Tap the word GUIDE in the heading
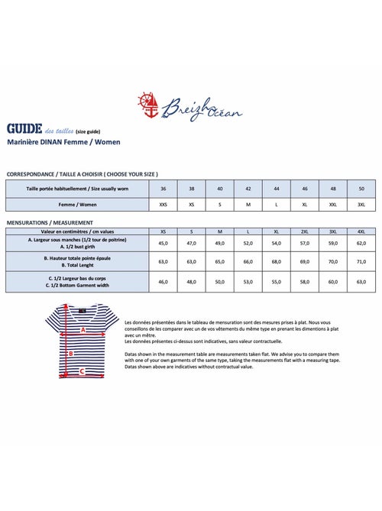tap(23, 128)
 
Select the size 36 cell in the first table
tap(163, 188)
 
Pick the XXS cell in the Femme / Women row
tap(163, 205)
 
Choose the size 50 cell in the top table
tap(361, 188)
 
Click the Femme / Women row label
tap(77, 205)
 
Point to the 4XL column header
tap(361, 230)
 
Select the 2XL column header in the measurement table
tap(304, 230)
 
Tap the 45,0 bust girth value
tap(163, 243)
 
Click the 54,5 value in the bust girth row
tap(276, 243)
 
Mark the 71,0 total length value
tap(361, 261)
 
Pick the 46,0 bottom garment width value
tap(163, 282)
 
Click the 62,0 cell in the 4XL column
tap(361, 243)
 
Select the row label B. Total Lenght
tap(77, 264)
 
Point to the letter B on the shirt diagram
tap(71, 354)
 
